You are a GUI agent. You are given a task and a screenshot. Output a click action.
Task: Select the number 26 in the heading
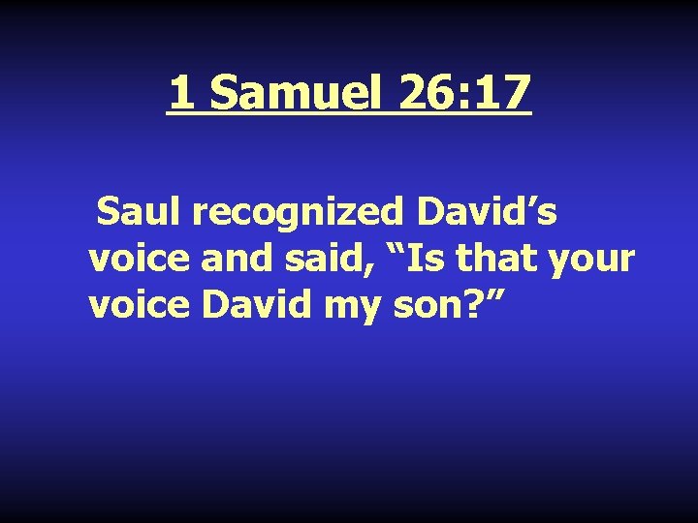(421, 94)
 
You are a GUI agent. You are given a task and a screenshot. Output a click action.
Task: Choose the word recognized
(280, 212)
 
